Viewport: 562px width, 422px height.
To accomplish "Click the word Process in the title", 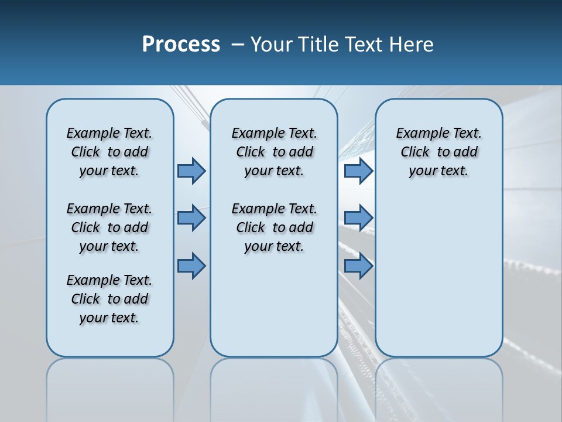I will (x=181, y=45).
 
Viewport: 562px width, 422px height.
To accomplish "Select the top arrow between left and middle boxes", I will (x=191, y=171).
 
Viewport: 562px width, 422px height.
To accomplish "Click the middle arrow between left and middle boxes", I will (x=191, y=218).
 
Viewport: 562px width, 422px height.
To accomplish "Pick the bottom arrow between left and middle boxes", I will (x=191, y=266).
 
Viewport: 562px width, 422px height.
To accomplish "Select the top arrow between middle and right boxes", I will (x=358, y=171).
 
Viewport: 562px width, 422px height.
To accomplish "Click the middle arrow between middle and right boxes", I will (x=358, y=218).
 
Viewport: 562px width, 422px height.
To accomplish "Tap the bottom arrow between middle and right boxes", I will (x=358, y=266).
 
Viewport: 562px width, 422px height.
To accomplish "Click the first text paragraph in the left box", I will (x=109, y=152).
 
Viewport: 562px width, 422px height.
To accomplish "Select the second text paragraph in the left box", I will (x=109, y=227).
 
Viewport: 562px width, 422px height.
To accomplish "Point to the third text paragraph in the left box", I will (x=109, y=299).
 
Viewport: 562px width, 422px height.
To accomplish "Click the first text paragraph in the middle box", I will (x=274, y=152).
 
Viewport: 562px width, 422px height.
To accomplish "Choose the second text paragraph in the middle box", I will (x=274, y=227).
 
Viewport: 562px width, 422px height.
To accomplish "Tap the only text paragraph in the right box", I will (x=438, y=152).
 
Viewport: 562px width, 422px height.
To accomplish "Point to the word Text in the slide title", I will (x=365, y=45).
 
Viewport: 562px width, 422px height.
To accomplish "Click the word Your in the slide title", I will (x=272, y=45).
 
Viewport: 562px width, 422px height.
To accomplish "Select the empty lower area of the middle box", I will (x=274, y=305).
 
